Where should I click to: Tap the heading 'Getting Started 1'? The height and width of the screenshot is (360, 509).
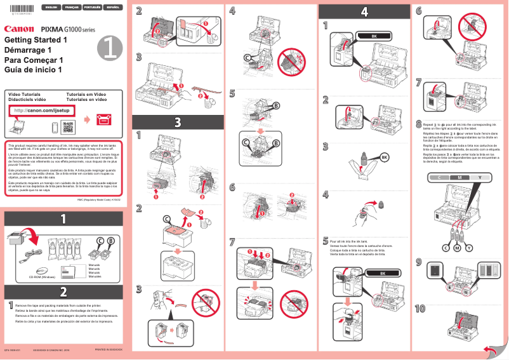click(36, 40)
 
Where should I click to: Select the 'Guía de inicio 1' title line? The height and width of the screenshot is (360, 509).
click(33, 69)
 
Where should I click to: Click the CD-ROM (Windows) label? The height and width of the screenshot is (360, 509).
click(42, 277)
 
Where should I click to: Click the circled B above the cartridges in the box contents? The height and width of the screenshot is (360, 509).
click(110, 241)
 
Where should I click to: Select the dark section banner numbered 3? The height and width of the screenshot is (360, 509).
click(178, 121)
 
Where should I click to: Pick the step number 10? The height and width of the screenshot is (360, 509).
click(420, 309)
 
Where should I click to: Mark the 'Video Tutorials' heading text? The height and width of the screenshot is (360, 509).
click(23, 94)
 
